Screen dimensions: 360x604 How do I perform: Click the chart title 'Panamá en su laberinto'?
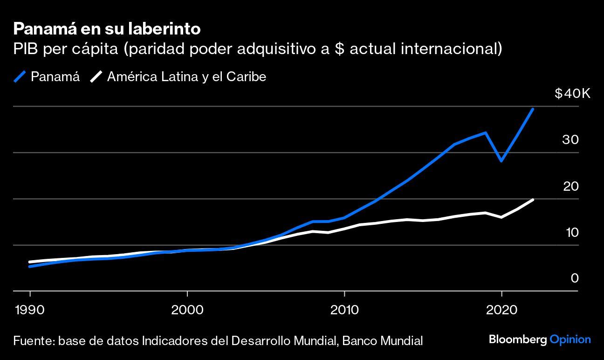coord(107,29)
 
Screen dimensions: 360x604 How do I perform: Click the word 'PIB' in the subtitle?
coord(25,48)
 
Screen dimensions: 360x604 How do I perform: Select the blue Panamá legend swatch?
coord(21,76)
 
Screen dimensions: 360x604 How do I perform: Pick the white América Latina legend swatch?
coord(96,76)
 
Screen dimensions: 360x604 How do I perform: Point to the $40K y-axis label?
coord(572,94)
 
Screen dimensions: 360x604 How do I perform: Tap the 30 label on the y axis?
coord(570,140)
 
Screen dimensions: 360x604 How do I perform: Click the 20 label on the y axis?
coord(570,187)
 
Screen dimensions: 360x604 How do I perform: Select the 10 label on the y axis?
coord(571,232)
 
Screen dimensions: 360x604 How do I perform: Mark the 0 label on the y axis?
coord(575,278)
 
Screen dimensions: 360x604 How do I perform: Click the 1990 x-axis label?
coord(30,310)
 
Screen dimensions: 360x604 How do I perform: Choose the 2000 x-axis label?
coord(187,310)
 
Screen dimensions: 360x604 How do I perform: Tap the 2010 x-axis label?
coord(344,310)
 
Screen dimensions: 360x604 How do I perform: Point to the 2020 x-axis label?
coord(501,310)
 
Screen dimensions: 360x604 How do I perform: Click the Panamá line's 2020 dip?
coord(501,161)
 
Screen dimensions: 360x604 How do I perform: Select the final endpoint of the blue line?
coord(533,109)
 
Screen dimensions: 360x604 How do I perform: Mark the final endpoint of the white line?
coord(533,200)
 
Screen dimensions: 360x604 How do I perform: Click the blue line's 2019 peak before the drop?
coord(486,133)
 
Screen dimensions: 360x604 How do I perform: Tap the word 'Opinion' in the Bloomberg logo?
coord(570,339)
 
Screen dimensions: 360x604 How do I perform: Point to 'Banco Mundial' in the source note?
coord(382,340)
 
